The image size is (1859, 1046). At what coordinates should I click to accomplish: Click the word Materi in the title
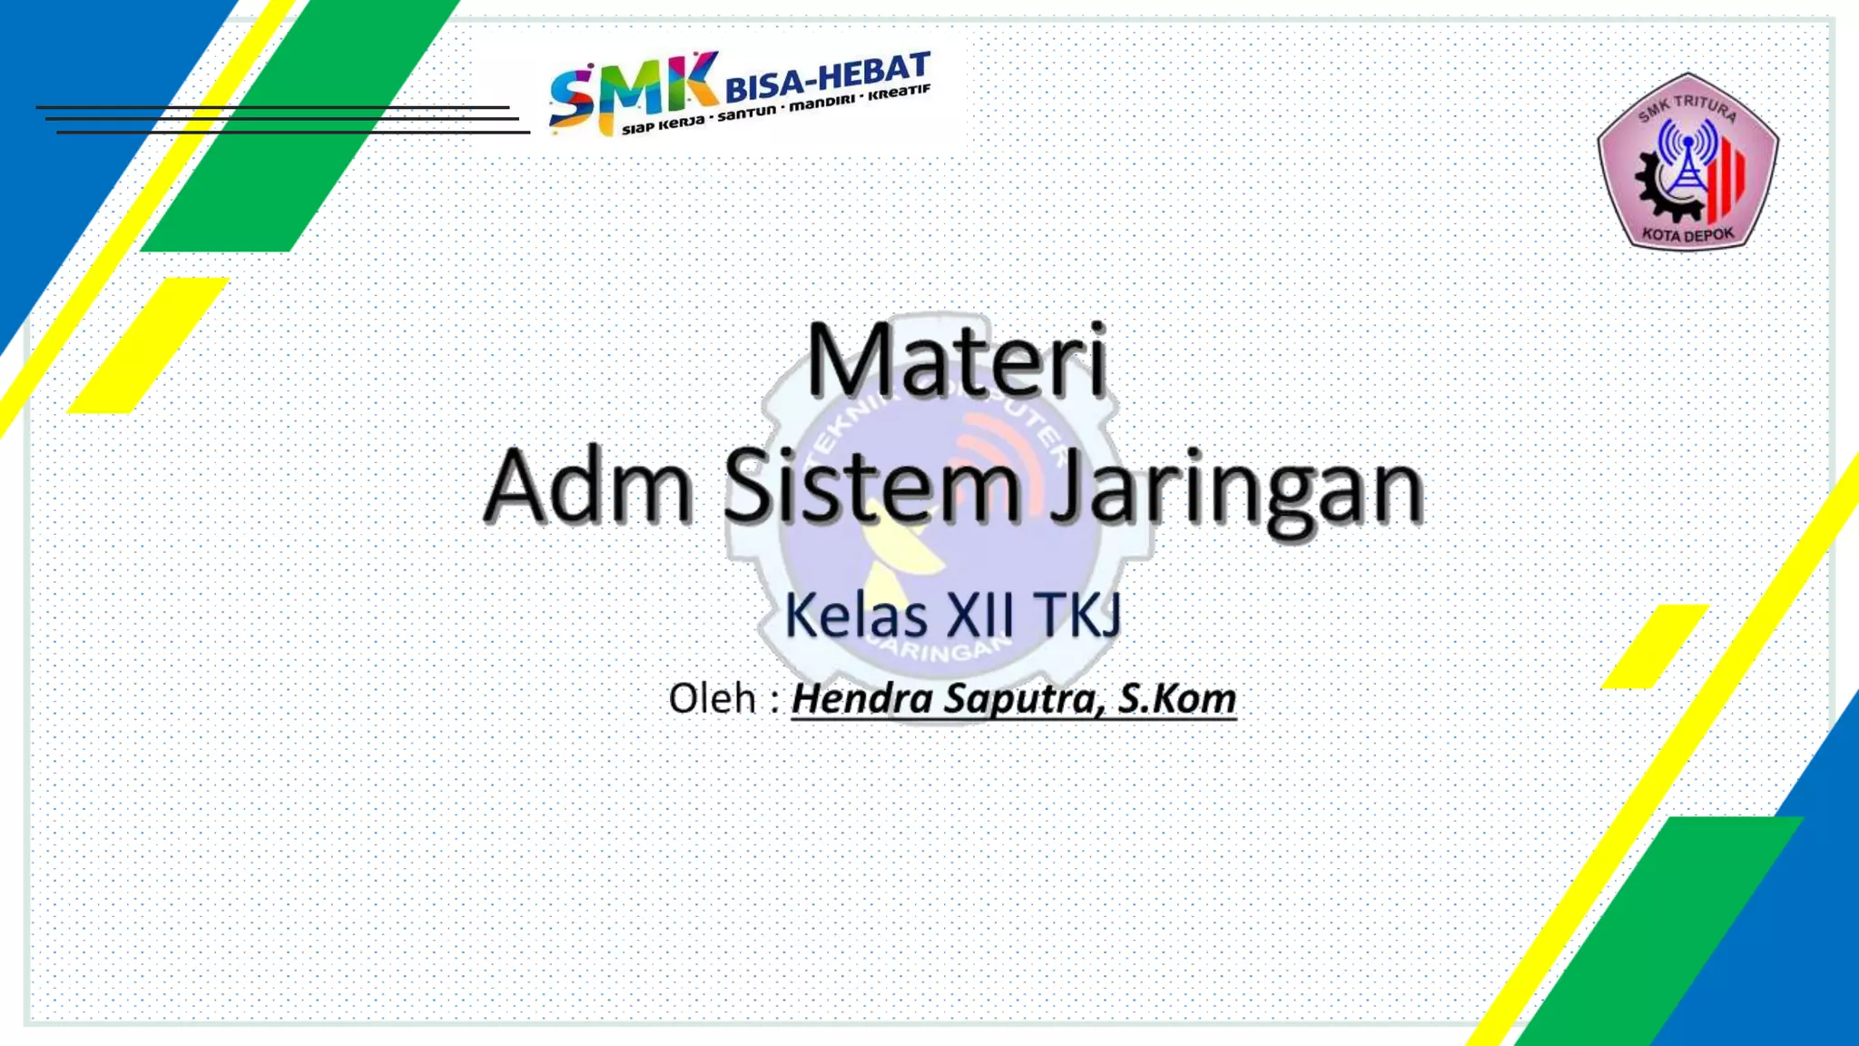click(956, 360)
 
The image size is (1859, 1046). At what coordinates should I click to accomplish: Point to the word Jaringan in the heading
click(1236, 490)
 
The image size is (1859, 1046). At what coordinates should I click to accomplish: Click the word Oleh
click(713, 699)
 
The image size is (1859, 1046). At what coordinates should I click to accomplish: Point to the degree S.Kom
click(1176, 699)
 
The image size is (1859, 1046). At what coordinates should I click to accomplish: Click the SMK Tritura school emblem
click(1687, 162)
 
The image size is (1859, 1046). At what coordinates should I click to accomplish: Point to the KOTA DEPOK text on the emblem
click(1687, 235)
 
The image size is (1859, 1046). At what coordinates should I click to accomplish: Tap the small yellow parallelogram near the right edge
click(1655, 646)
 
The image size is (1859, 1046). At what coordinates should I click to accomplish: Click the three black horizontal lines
click(281, 120)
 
